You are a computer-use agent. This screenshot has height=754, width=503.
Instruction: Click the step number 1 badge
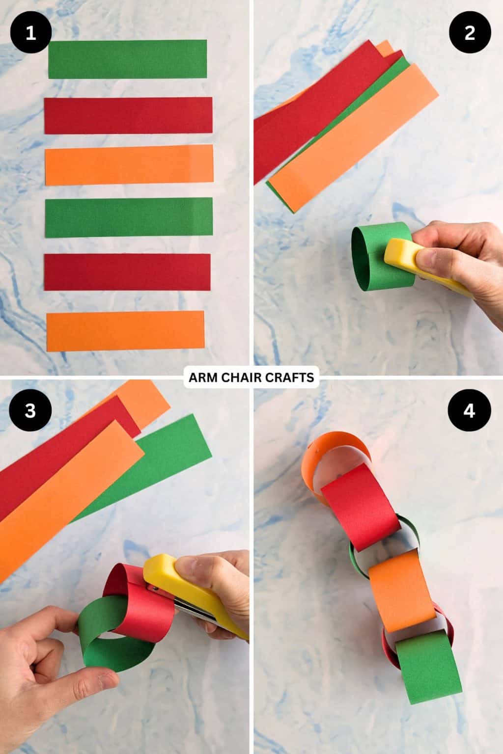[x=30, y=33]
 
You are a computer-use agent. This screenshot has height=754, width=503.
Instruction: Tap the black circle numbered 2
[x=470, y=33]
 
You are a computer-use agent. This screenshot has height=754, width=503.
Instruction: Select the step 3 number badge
[x=30, y=410]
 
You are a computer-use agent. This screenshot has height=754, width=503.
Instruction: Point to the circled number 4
[x=470, y=410]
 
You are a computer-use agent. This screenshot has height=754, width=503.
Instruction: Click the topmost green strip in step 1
[x=128, y=59]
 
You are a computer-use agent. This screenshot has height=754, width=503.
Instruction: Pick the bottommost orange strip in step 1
[x=125, y=330]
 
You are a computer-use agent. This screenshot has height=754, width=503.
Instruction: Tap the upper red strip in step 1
[x=128, y=115]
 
